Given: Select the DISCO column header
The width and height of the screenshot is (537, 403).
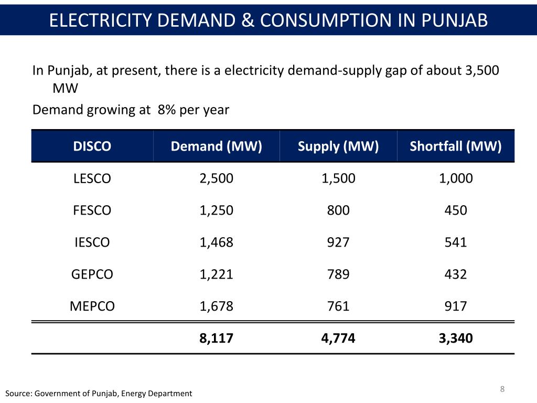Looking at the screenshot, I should [x=92, y=146].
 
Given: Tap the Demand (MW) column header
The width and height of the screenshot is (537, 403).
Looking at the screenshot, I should [x=217, y=146].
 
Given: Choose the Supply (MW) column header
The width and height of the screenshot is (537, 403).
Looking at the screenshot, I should [x=338, y=146].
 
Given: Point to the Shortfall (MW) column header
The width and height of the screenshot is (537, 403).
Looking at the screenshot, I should [x=456, y=146].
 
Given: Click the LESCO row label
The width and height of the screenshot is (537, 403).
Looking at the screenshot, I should [x=92, y=179].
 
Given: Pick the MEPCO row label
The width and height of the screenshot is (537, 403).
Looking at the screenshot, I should [x=92, y=306].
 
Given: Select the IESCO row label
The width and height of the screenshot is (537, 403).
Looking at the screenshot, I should [x=92, y=242].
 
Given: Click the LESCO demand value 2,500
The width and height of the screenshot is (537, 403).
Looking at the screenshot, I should [x=217, y=178].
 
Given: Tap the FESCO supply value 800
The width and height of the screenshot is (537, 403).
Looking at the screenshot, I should [x=338, y=210].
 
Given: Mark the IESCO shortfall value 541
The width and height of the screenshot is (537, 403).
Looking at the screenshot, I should [x=456, y=242].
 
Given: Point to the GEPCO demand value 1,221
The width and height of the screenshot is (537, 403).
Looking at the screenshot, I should [x=217, y=274].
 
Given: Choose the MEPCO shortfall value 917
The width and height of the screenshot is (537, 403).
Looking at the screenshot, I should [x=456, y=306].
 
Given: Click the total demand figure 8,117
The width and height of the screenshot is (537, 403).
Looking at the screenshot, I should [x=217, y=338].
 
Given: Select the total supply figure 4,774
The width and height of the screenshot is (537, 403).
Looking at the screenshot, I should [x=338, y=338].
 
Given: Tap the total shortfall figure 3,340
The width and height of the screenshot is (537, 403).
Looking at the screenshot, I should [x=456, y=338].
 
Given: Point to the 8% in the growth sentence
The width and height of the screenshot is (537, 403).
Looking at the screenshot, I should [x=167, y=110].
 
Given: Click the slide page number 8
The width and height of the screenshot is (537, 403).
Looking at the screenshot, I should [x=502, y=389].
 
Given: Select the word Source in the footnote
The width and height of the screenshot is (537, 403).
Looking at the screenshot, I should [x=17, y=394].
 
